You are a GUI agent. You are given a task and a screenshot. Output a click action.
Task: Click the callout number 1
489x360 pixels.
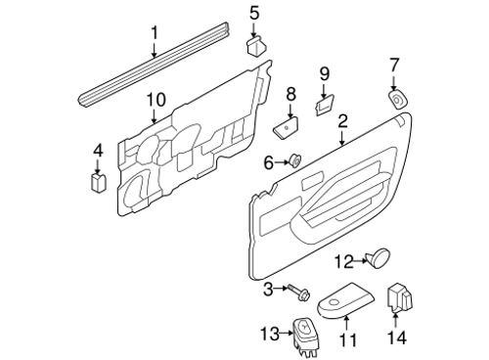(155, 33)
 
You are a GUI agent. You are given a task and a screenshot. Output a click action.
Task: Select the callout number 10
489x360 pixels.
(156, 100)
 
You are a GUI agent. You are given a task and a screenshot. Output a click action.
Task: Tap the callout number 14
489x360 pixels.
(397, 337)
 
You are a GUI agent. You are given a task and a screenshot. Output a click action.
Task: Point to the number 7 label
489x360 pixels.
(394, 65)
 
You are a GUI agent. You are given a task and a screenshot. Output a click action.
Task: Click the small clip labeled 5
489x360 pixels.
(256, 46)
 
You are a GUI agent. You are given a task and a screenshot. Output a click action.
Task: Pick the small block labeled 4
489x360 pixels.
(98, 181)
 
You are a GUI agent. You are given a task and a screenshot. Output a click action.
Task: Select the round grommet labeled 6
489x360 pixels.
(295, 160)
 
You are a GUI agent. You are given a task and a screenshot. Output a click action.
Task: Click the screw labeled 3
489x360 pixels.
(298, 292)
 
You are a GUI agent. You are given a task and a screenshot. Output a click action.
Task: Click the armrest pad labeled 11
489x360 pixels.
(345, 300)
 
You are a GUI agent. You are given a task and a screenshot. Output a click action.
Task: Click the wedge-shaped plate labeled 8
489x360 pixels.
(287, 127)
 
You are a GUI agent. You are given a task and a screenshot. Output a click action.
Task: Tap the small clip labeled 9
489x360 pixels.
(325, 105)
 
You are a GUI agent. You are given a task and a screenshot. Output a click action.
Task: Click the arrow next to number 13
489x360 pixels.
(287, 333)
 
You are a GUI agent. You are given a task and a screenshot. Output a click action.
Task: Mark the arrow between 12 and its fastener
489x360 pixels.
(360, 260)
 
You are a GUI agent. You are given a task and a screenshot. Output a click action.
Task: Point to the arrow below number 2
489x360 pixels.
(342, 138)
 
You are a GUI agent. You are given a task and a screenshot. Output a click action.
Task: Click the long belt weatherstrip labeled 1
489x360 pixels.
(154, 65)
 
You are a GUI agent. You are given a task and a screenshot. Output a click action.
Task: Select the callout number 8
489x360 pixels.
(290, 94)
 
